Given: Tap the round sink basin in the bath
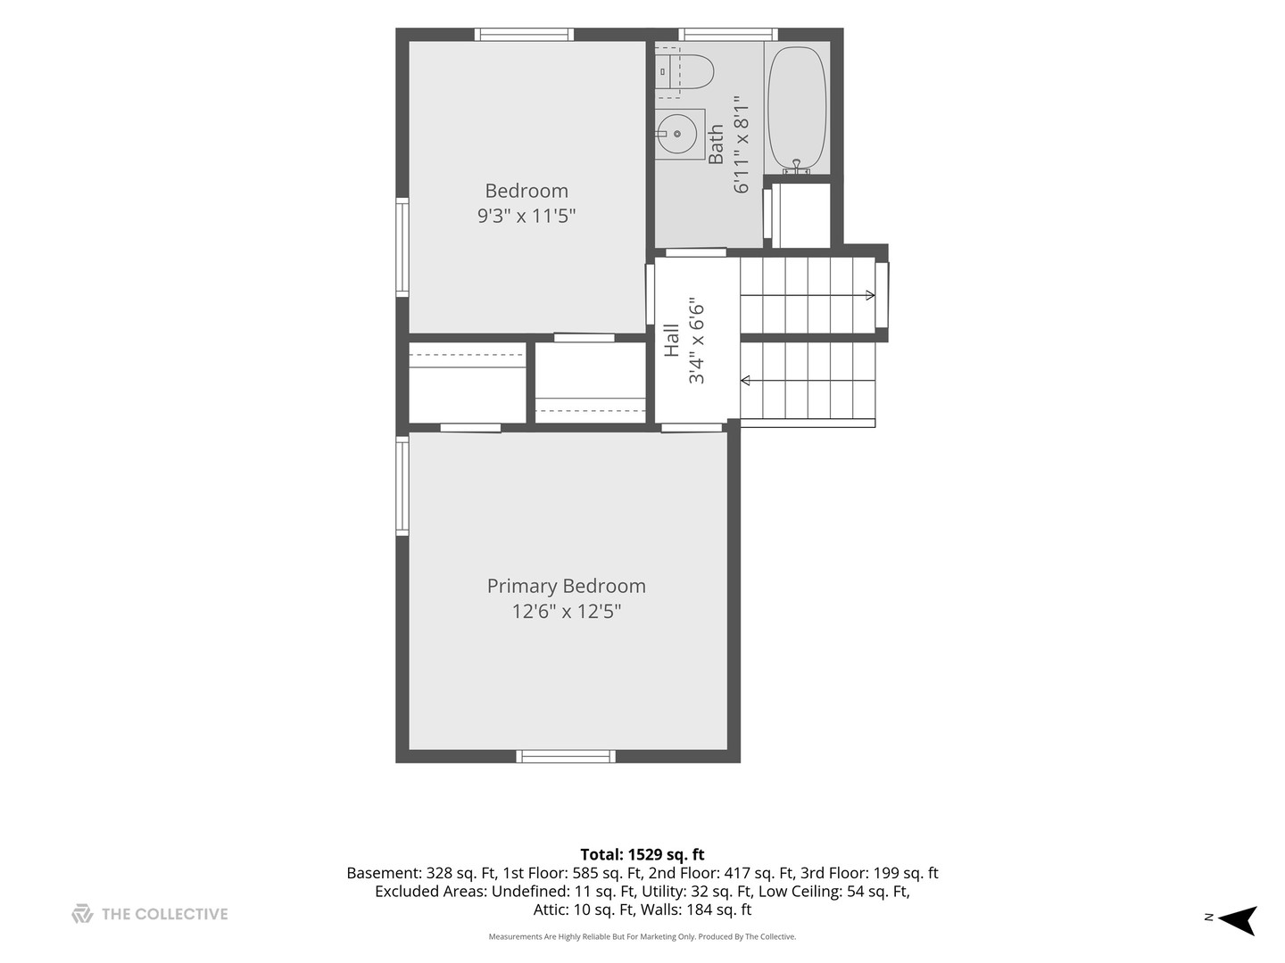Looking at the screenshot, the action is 676,134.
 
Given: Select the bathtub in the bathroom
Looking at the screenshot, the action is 797,109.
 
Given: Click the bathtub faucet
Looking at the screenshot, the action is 796,168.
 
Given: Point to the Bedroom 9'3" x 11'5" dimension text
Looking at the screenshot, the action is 526,216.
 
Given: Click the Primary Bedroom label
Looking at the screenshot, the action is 566,586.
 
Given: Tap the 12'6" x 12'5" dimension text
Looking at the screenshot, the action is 566,612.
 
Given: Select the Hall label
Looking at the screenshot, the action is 671,341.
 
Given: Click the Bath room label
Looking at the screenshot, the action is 716,144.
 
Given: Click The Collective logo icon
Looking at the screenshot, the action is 83,913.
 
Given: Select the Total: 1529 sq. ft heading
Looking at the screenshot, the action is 642,855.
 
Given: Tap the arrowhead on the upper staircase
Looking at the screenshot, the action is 871,295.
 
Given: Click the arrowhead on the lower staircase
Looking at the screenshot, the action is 745,381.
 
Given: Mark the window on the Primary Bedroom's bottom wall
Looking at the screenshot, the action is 566,757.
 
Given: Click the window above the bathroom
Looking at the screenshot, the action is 728,35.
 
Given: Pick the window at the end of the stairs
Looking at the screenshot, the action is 882,295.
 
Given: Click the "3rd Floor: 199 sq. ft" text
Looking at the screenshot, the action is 869,873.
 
